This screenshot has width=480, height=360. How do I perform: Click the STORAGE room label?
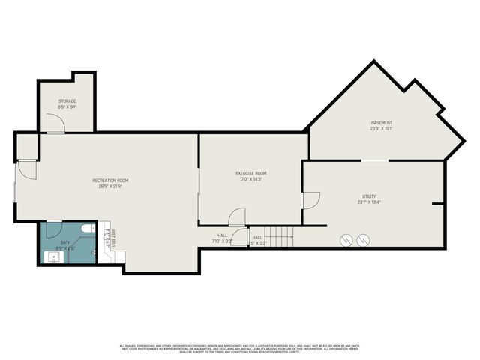[67, 101]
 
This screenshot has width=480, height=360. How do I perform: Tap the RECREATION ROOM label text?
[110, 180]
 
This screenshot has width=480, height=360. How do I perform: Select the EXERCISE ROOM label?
[251, 173]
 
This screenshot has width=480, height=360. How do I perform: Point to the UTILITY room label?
[368, 196]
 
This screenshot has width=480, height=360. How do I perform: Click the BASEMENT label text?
[381, 123]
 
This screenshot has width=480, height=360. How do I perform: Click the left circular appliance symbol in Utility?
[347, 240]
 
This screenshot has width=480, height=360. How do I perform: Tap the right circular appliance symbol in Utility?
[364, 240]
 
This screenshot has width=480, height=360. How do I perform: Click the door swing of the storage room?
[55, 127]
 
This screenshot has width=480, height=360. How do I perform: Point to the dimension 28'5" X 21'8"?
[110, 186]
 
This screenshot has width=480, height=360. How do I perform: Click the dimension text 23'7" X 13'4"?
[368, 202]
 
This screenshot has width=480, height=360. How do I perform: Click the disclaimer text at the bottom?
[240, 348]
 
